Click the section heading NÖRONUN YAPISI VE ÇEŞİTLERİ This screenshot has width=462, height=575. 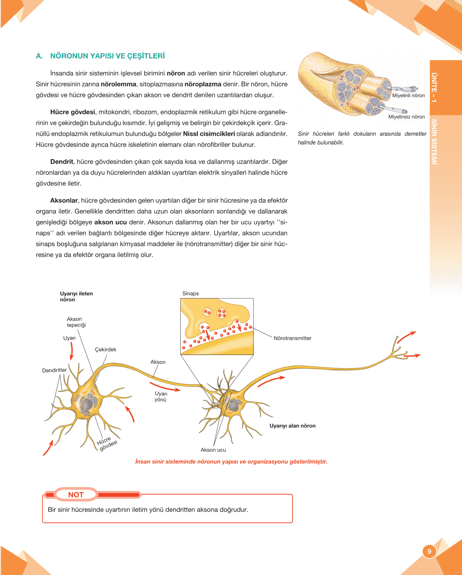[107, 56]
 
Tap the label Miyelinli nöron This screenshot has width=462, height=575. [408, 96]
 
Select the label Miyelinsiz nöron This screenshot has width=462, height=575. [406, 117]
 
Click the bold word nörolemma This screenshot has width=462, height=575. [118, 84]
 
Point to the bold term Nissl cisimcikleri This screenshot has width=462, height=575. [209, 134]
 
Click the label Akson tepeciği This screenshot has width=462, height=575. [76, 322]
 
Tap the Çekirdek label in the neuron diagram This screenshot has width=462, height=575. [105, 350]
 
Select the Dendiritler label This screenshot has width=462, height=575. [54, 370]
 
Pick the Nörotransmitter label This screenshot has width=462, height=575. [292, 338]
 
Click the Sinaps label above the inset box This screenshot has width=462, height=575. [191, 293]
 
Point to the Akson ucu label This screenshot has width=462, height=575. [213, 450]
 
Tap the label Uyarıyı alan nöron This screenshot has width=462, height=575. [292, 426]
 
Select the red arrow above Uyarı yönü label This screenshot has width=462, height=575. [165, 386]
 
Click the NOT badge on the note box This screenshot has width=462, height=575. [76, 495]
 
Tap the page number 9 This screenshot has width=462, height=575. [429, 551]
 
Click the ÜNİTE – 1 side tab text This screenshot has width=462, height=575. [434, 87]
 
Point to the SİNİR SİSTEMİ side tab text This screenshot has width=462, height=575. [434, 142]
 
